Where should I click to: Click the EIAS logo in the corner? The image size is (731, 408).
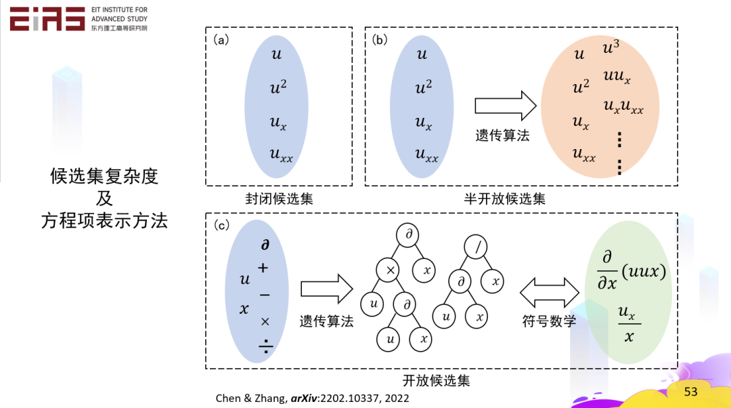tap(47, 19)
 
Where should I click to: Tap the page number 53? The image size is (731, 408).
tap(690, 392)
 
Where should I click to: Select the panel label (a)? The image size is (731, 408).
tap(221, 40)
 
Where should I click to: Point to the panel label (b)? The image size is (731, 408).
tap(380, 40)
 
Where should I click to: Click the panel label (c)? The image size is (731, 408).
tap(221, 225)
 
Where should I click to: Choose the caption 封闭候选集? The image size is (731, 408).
tap(279, 199)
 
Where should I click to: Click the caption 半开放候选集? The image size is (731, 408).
tap(504, 199)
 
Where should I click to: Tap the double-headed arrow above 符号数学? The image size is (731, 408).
tap(549, 291)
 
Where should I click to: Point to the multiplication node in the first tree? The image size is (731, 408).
tap(390, 270)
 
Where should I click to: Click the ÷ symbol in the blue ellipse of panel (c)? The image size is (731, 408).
tap(265, 348)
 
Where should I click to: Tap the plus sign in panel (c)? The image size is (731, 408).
tap(263, 268)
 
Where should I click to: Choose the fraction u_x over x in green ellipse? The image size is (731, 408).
tap(627, 324)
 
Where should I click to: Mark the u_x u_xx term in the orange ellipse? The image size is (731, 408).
tap(623, 107)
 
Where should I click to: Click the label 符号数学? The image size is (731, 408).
tap(549, 321)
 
